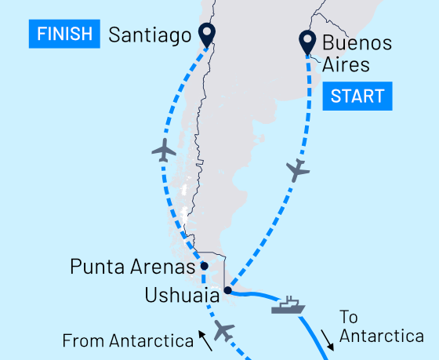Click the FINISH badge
tap(65, 34)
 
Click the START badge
tap(357, 96)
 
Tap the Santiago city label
tap(151, 35)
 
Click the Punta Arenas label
tap(132, 267)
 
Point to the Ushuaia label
tap(181, 296)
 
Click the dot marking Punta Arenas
tap(204, 266)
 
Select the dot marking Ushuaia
tap(227, 291)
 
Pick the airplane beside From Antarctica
tap(224, 332)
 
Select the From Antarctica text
tap(127, 341)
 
